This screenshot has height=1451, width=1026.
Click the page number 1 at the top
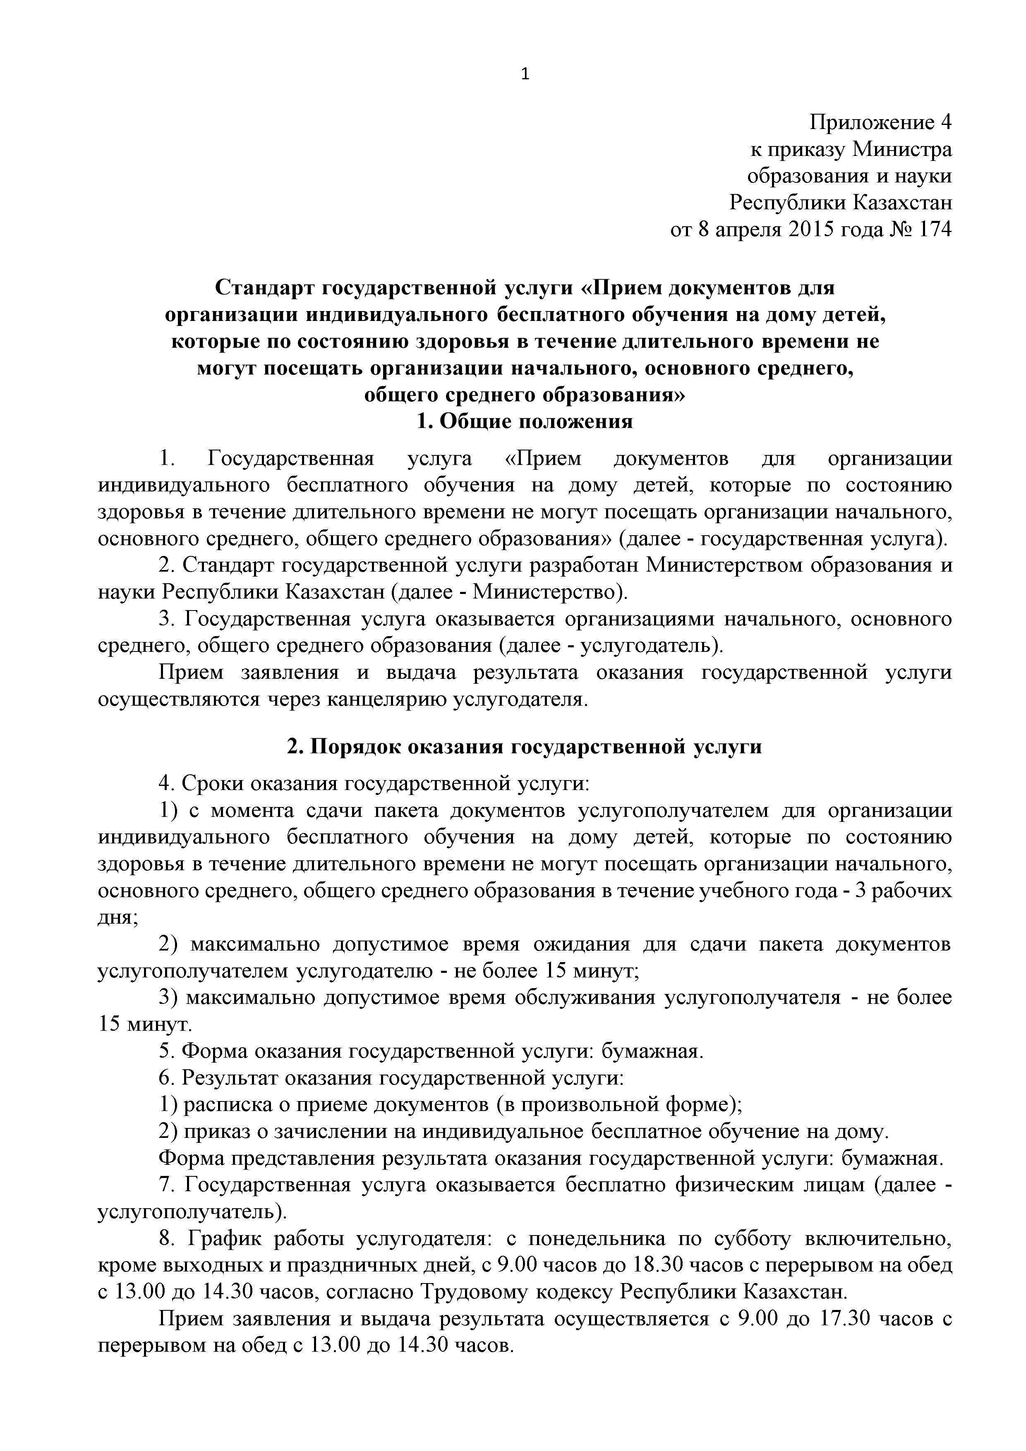[x=525, y=74]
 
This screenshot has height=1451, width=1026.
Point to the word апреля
[x=748, y=230]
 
